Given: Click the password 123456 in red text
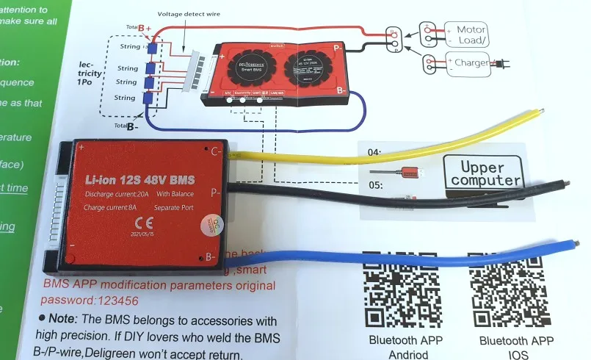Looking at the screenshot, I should tap(106, 301).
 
